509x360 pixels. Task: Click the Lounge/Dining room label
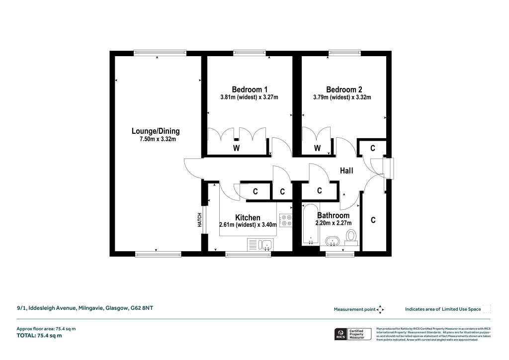tap(156, 131)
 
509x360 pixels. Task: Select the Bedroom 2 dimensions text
tap(341, 97)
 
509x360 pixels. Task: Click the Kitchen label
tap(248, 218)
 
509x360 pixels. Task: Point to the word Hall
tap(346, 171)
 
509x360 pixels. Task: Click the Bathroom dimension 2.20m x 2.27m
tap(332, 223)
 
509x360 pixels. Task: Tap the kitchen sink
tap(259, 244)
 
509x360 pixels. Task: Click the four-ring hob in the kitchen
tap(286, 220)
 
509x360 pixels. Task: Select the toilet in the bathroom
tap(351, 236)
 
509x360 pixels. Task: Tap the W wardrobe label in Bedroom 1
tap(237, 148)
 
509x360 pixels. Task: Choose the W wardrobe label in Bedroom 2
tap(317, 148)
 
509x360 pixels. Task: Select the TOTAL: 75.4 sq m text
tap(39, 336)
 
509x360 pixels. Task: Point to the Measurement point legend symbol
tap(380, 309)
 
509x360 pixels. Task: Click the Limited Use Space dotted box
tap(487, 309)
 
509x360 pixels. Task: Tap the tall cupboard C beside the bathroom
tap(373, 219)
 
